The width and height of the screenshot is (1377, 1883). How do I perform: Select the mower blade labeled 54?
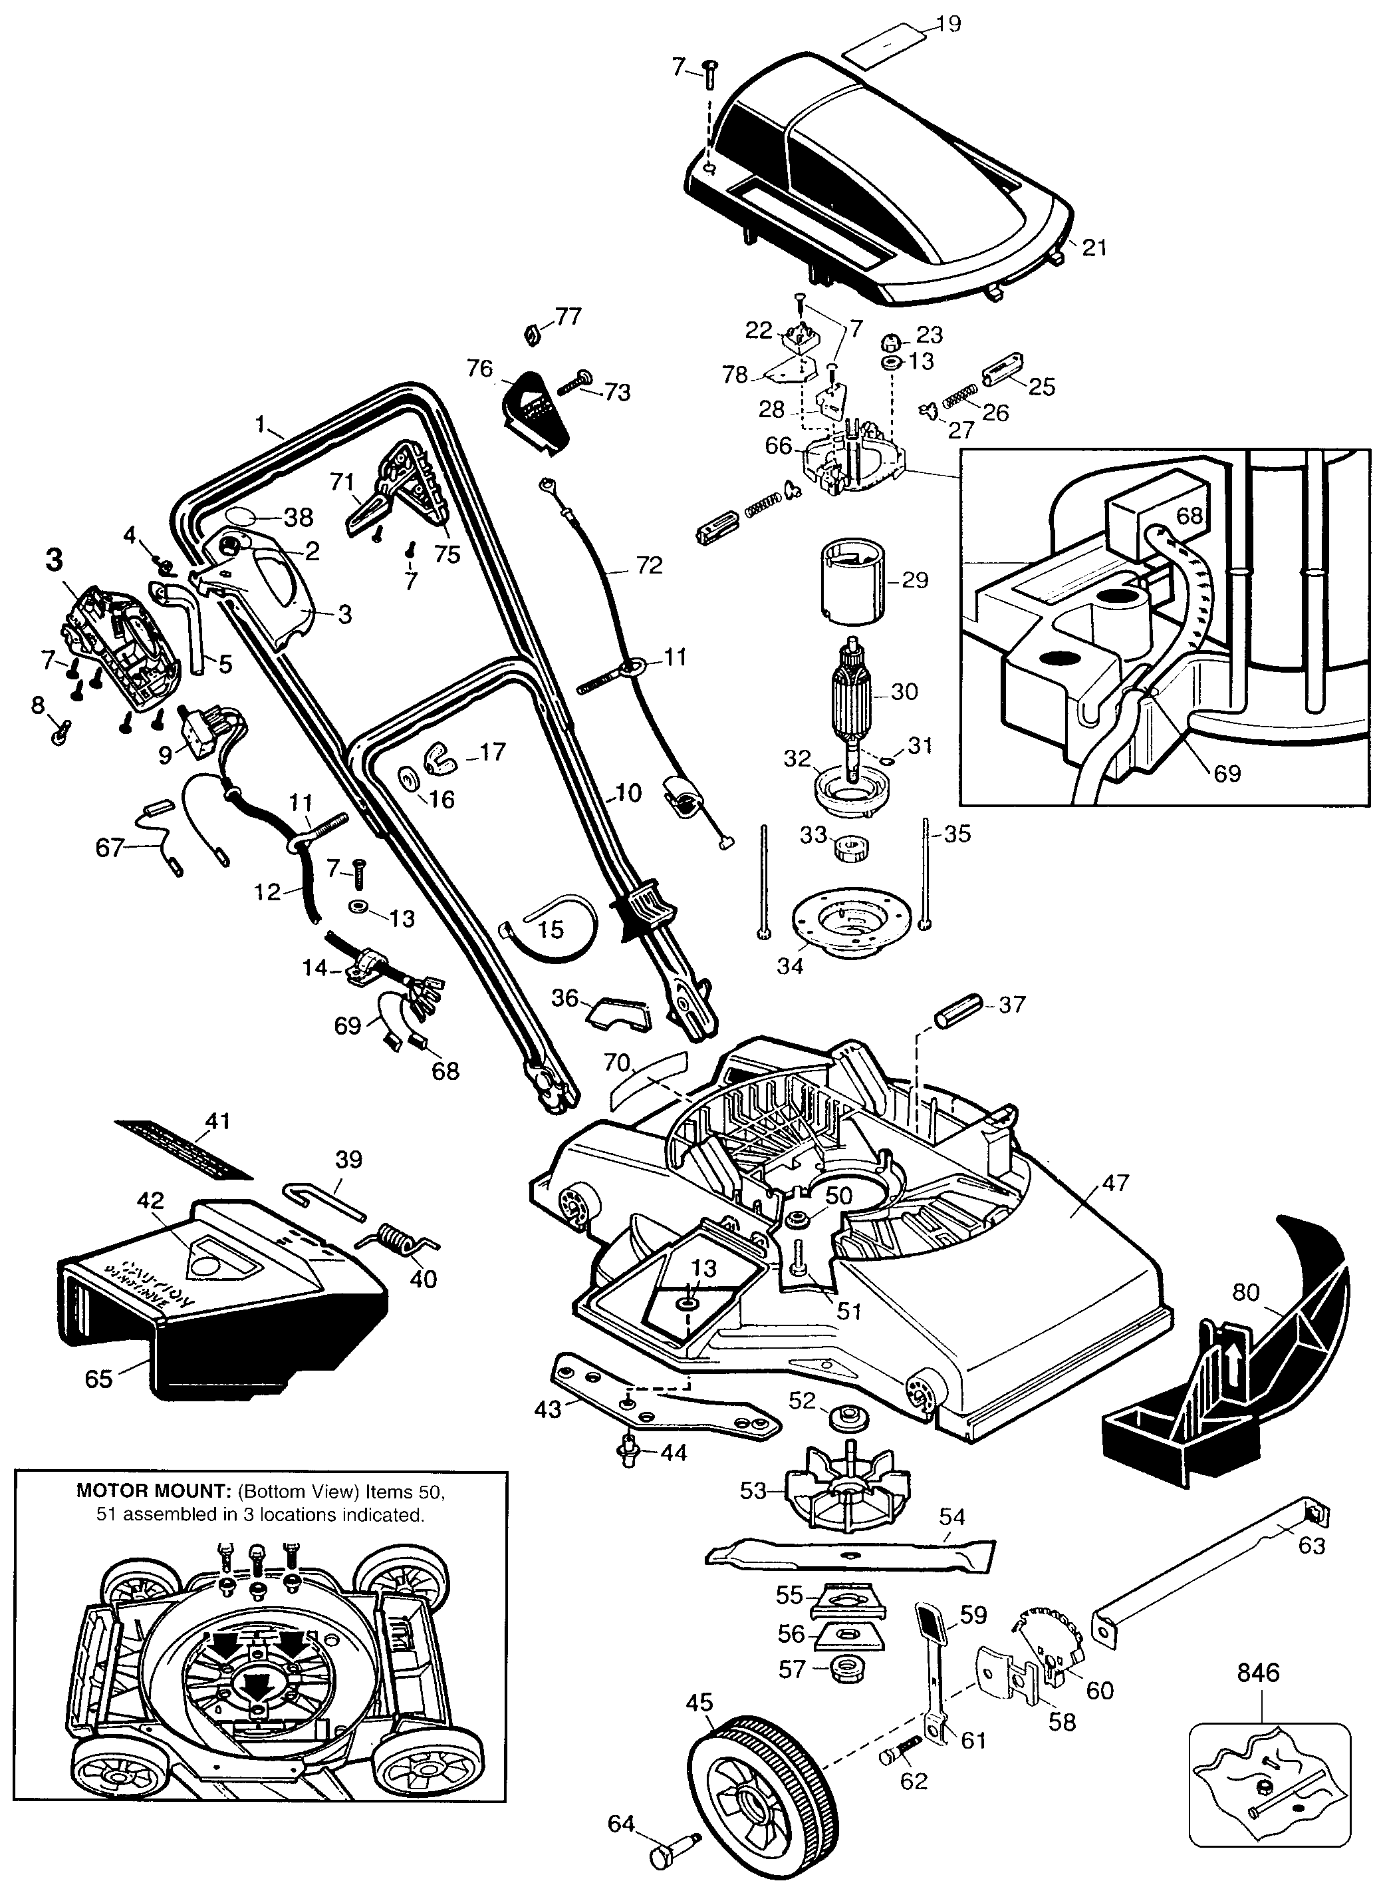point(850,1554)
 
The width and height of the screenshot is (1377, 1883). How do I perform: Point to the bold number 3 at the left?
point(54,560)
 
